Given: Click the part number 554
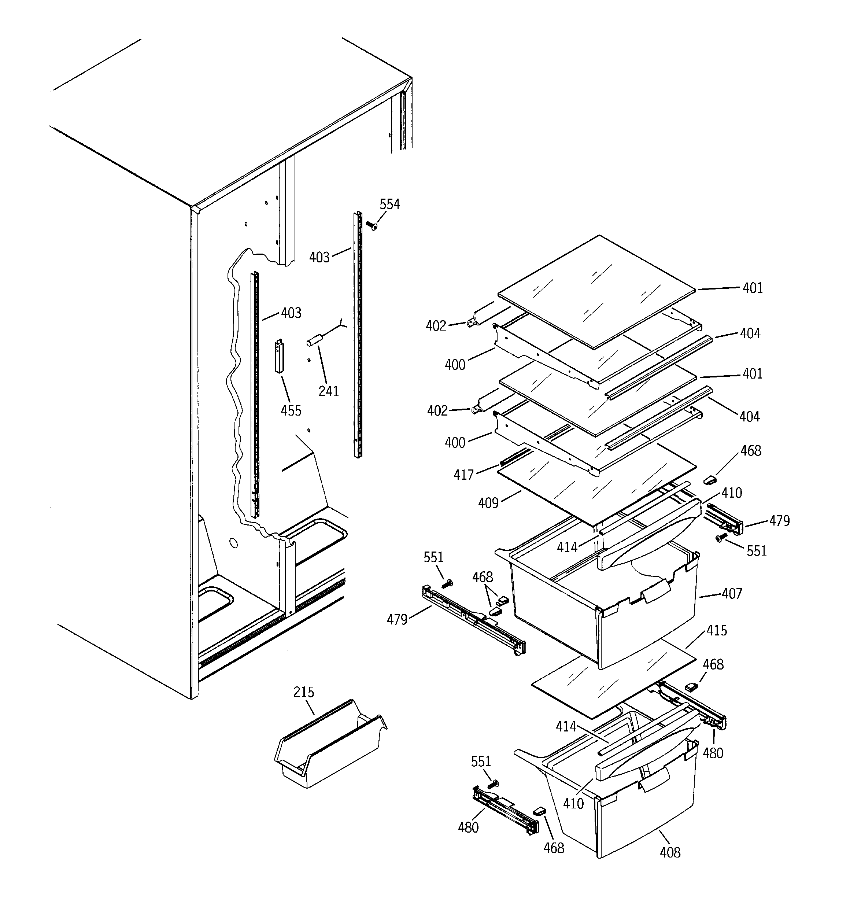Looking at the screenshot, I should pyautogui.click(x=389, y=204).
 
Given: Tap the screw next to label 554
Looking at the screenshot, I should pyautogui.click(x=372, y=225).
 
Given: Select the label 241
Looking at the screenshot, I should pyautogui.click(x=329, y=391).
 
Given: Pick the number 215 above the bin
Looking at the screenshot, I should pyautogui.click(x=303, y=692).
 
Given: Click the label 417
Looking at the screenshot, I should pyautogui.click(x=463, y=475).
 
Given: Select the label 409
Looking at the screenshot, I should pyautogui.click(x=488, y=503).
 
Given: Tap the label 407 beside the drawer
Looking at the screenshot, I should pyautogui.click(x=732, y=594).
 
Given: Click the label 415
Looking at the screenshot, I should pyautogui.click(x=716, y=631).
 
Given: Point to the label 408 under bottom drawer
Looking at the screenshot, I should pyautogui.click(x=670, y=852).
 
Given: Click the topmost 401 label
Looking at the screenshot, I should pyautogui.click(x=753, y=288).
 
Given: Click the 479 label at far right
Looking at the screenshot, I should pyautogui.click(x=779, y=521).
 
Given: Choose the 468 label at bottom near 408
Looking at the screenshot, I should pyautogui.click(x=554, y=848).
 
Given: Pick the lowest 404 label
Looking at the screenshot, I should pyautogui.click(x=750, y=417).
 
